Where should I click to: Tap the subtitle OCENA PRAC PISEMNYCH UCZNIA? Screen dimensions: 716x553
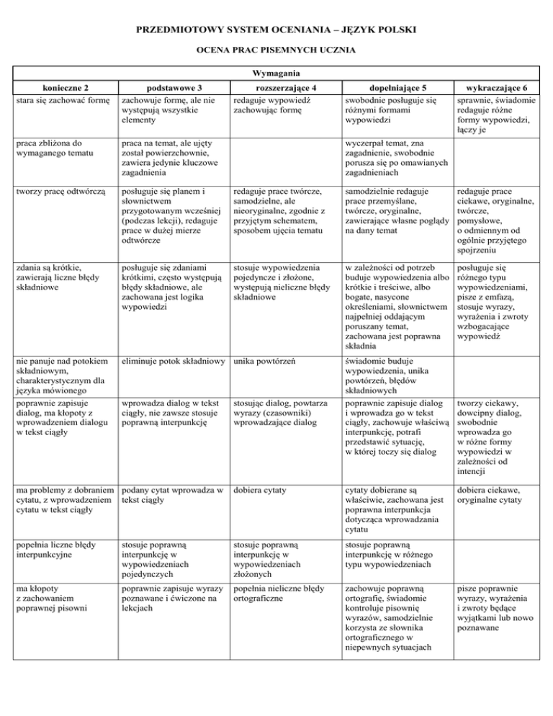pos(276,53)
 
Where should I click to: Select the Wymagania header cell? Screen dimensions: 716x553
pos(276,73)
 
